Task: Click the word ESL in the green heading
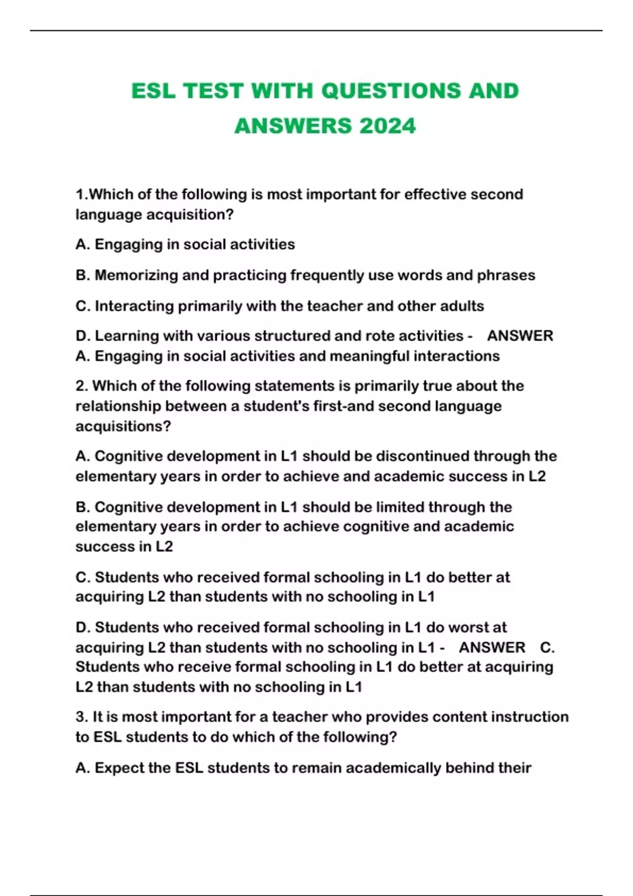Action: click(153, 91)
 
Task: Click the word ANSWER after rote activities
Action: click(520, 336)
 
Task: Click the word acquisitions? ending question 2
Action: click(123, 426)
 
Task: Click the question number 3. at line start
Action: click(82, 717)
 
